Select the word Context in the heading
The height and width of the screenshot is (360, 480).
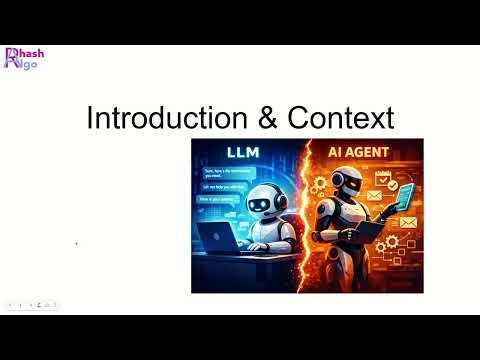click(x=340, y=118)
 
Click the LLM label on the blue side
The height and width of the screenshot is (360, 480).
click(x=245, y=153)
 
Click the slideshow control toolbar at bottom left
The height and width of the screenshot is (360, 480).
click(x=32, y=304)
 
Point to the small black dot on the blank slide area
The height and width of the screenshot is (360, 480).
click(x=78, y=243)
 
